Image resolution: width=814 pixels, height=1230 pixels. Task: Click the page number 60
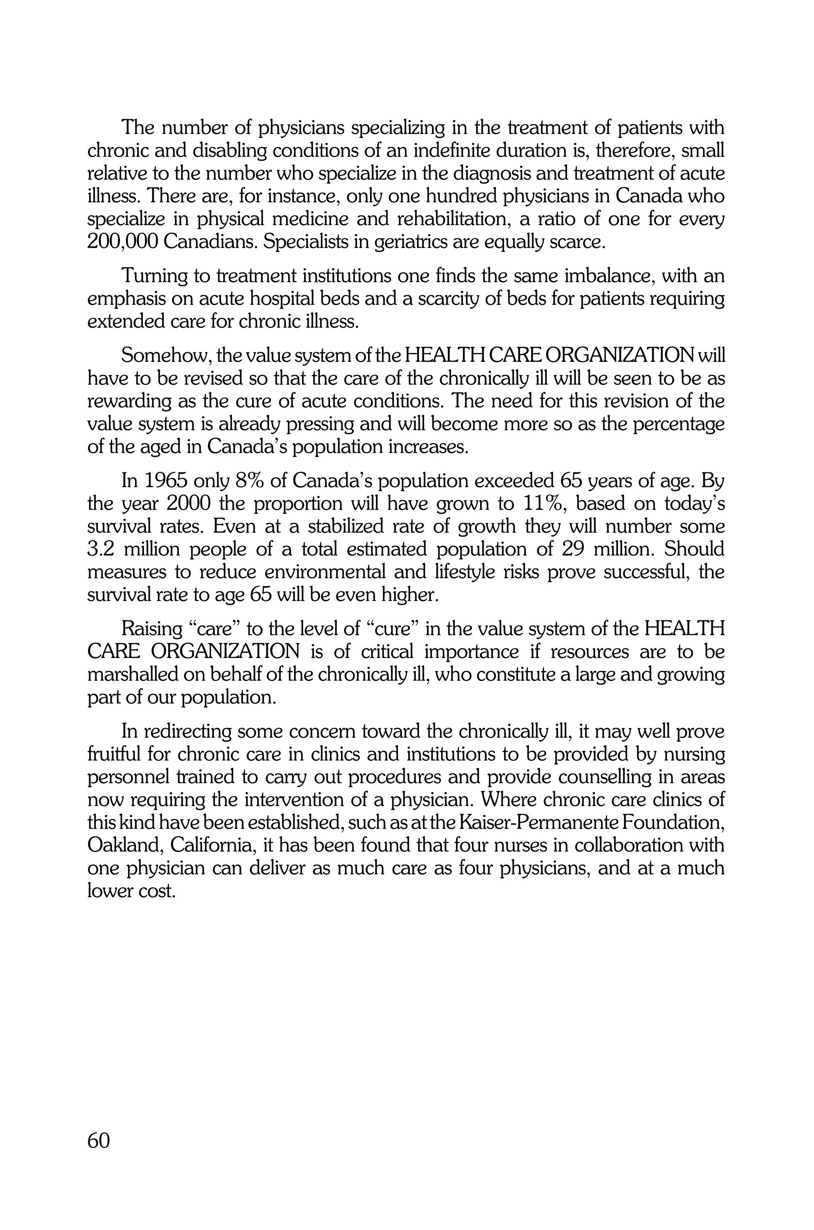[x=99, y=1141]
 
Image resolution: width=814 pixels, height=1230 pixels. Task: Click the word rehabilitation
[x=452, y=219]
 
